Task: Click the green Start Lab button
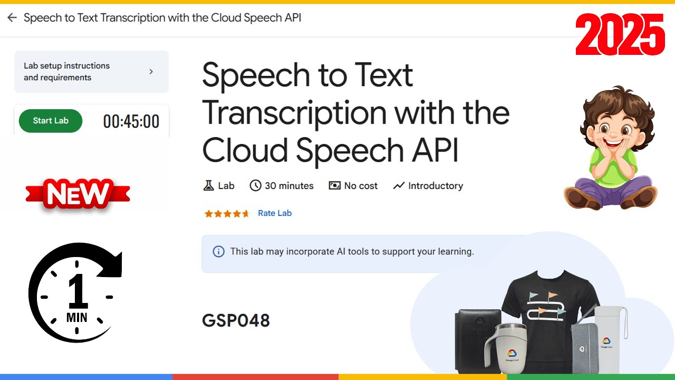point(51,121)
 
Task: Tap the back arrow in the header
point(12,18)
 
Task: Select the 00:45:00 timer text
point(131,122)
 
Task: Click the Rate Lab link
point(275,213)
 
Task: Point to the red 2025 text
point(620,35)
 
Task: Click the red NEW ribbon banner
point(78,194)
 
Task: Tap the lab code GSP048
point(236,320)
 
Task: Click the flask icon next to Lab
point(208,186)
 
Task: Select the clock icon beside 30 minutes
point(256,186)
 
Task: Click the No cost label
point(361,186)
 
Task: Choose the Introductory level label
point(435,186)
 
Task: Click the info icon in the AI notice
point(218,252)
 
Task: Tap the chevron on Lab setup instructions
point(151,71)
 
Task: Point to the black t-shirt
point(548,301)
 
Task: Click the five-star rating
point(227,214)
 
